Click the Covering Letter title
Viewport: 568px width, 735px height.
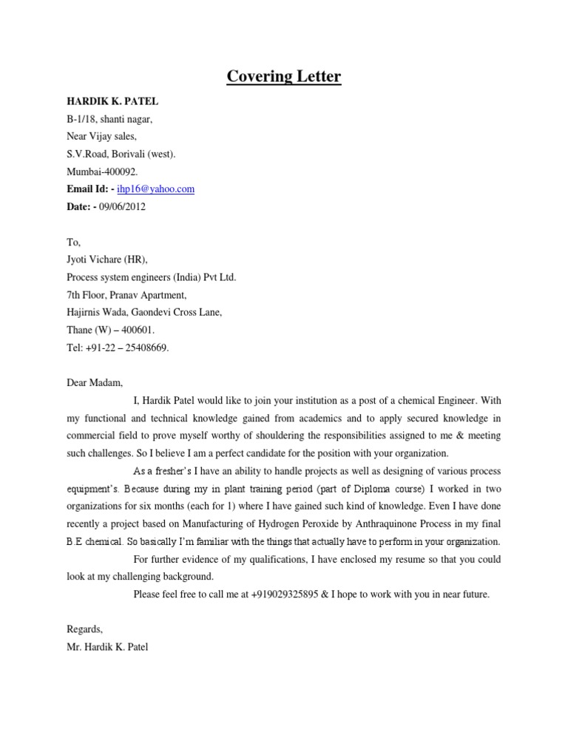[284, 76]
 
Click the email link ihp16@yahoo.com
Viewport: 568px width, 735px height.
[156, 189]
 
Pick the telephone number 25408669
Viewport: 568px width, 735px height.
[147, 348]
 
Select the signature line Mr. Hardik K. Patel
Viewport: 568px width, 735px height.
[107, 648]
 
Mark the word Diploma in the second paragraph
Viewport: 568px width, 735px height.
[381, 489]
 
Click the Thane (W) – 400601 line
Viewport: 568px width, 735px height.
[111, 330]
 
